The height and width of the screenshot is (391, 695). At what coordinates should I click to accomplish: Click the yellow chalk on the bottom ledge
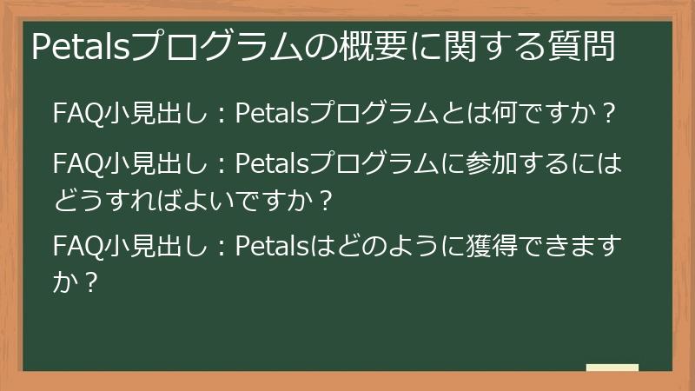(612, 368)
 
